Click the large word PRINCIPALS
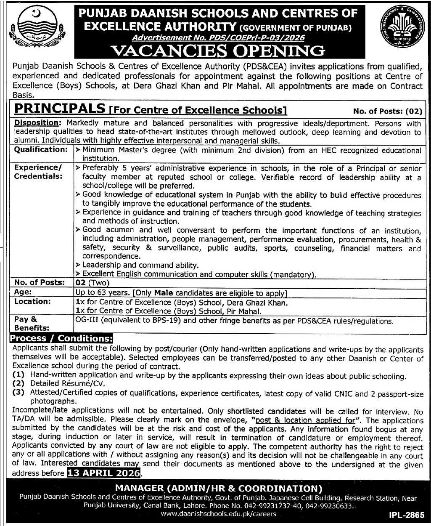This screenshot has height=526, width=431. (x=59, y=109)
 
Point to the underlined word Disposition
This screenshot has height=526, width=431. (x=36, y=123)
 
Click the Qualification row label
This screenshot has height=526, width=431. (x=40, y=150)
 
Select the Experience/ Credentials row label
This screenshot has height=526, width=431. (x=38, y=172)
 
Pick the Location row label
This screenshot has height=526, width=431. (x=32, y=302)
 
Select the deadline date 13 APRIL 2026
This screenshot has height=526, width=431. (x=103, y=473)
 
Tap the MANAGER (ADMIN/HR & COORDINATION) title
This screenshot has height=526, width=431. (x=219, y=489)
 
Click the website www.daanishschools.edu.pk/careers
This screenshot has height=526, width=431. (x=219, y=514)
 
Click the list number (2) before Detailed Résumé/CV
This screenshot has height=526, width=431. (x=19, y=384)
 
